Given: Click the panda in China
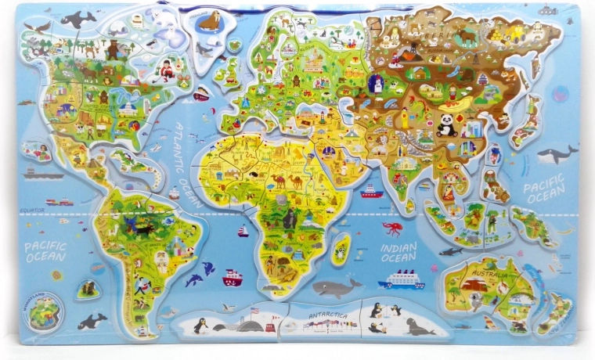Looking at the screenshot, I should tap(447, 125).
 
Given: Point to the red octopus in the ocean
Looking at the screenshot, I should tap(392, 228).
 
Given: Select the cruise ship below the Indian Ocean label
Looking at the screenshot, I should tap(402, 279).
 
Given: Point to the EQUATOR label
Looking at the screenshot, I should tap(32, 210).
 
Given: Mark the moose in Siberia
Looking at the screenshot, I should tap(468, 34).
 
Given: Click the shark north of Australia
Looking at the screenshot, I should tap(449, 251).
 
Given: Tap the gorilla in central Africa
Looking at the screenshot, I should tap(289, 219).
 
